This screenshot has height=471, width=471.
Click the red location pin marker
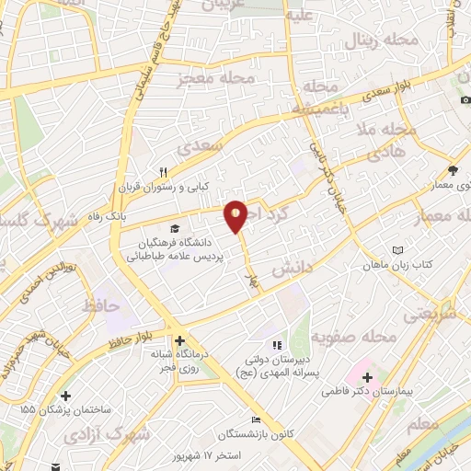[236, 215]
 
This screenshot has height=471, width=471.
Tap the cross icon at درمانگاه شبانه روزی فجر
[181, 339]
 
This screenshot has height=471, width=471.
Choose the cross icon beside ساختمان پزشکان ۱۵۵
[65, 396]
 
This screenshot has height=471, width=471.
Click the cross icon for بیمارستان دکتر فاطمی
[367, 377]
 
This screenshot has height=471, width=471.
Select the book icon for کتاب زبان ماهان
[397, 250]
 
